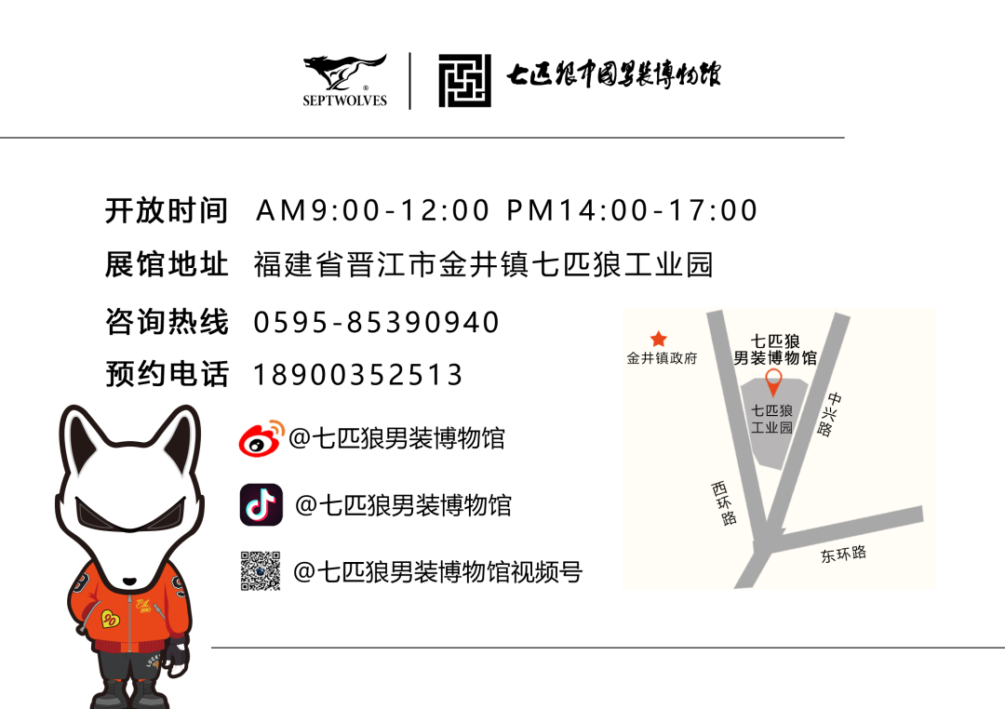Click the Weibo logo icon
tap(261, 439)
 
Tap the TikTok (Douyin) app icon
tap(261, 505)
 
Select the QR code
tap(261, 571)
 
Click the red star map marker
tap(659, 339)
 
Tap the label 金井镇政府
tap(662, 358)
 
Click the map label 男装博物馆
tap(775, 358)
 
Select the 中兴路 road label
tap(829, 414)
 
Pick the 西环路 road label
tap(723, 503)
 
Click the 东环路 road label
tap(843, 554)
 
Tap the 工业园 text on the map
tap(772, 428)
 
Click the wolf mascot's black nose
tap(129, 582)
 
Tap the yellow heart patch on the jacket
tap(110, 619)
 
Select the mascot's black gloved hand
tap(175, 657)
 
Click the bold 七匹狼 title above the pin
tap(775, 341)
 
